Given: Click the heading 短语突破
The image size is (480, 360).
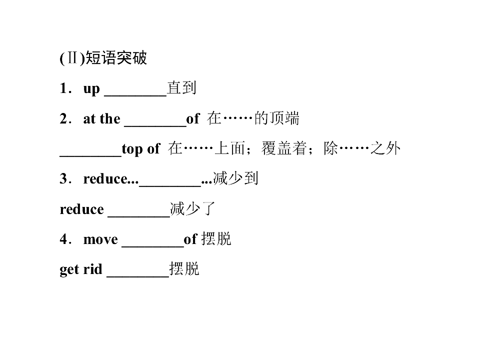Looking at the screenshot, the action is [x=116, y=57].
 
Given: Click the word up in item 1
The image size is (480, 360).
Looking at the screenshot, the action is [x=91, y=89].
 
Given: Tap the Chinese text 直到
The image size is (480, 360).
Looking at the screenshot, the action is [x=181, y=88].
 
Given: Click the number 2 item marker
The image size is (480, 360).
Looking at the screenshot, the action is [x=63, y=118].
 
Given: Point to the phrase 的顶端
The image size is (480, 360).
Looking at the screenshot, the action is [x=276, y=118].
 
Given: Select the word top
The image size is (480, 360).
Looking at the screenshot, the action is [x=132, y=149].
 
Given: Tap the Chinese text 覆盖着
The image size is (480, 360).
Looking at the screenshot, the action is [x=284, y=148].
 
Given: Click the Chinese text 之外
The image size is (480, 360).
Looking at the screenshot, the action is [x=385, y=148].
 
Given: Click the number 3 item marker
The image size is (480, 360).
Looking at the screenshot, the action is [x=63, y=178].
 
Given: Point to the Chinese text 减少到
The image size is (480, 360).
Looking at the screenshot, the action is [x=235, y=178].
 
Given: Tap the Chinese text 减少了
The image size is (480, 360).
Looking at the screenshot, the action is [x=193, y=208].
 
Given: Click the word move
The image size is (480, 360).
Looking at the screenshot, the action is [x=100, y=239].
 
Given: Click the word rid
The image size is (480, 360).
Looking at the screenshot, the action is [x=93, y=269].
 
